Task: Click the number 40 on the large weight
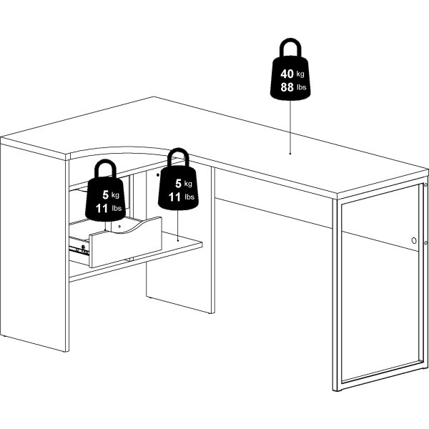(x=287, y=74)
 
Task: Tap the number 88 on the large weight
(x=287, y=87)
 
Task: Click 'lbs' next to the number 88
(x=301, y=87)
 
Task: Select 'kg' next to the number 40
(x=300, y=74)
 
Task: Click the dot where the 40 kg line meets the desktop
(x=290, y=154)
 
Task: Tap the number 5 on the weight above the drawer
(x=106, y=194)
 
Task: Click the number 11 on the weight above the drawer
(x=102, y=209)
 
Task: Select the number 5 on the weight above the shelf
(x=178, y=184)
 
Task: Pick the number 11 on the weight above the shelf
(x=174, y=197)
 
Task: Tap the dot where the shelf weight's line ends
(x=178, y=240)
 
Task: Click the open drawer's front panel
(x=125, y=242)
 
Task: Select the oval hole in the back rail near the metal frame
(x=414, y=241)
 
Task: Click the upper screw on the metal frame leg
(x=425, y=185)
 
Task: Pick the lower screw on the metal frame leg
(x=425, y=242)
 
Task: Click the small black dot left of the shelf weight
(x=157, y=174)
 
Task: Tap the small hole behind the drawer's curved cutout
(x=119, y=227)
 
